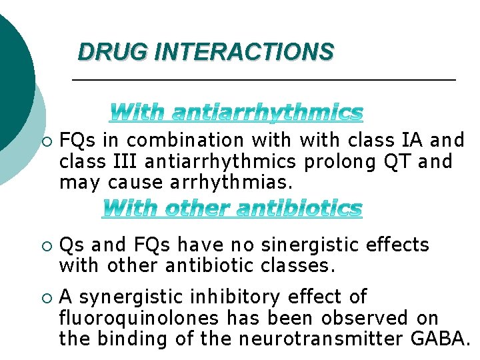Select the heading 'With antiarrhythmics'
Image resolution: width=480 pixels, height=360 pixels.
point(237,113)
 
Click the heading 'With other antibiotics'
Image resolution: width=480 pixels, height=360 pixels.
point(233,209)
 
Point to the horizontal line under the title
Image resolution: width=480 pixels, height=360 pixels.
point(263,80)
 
